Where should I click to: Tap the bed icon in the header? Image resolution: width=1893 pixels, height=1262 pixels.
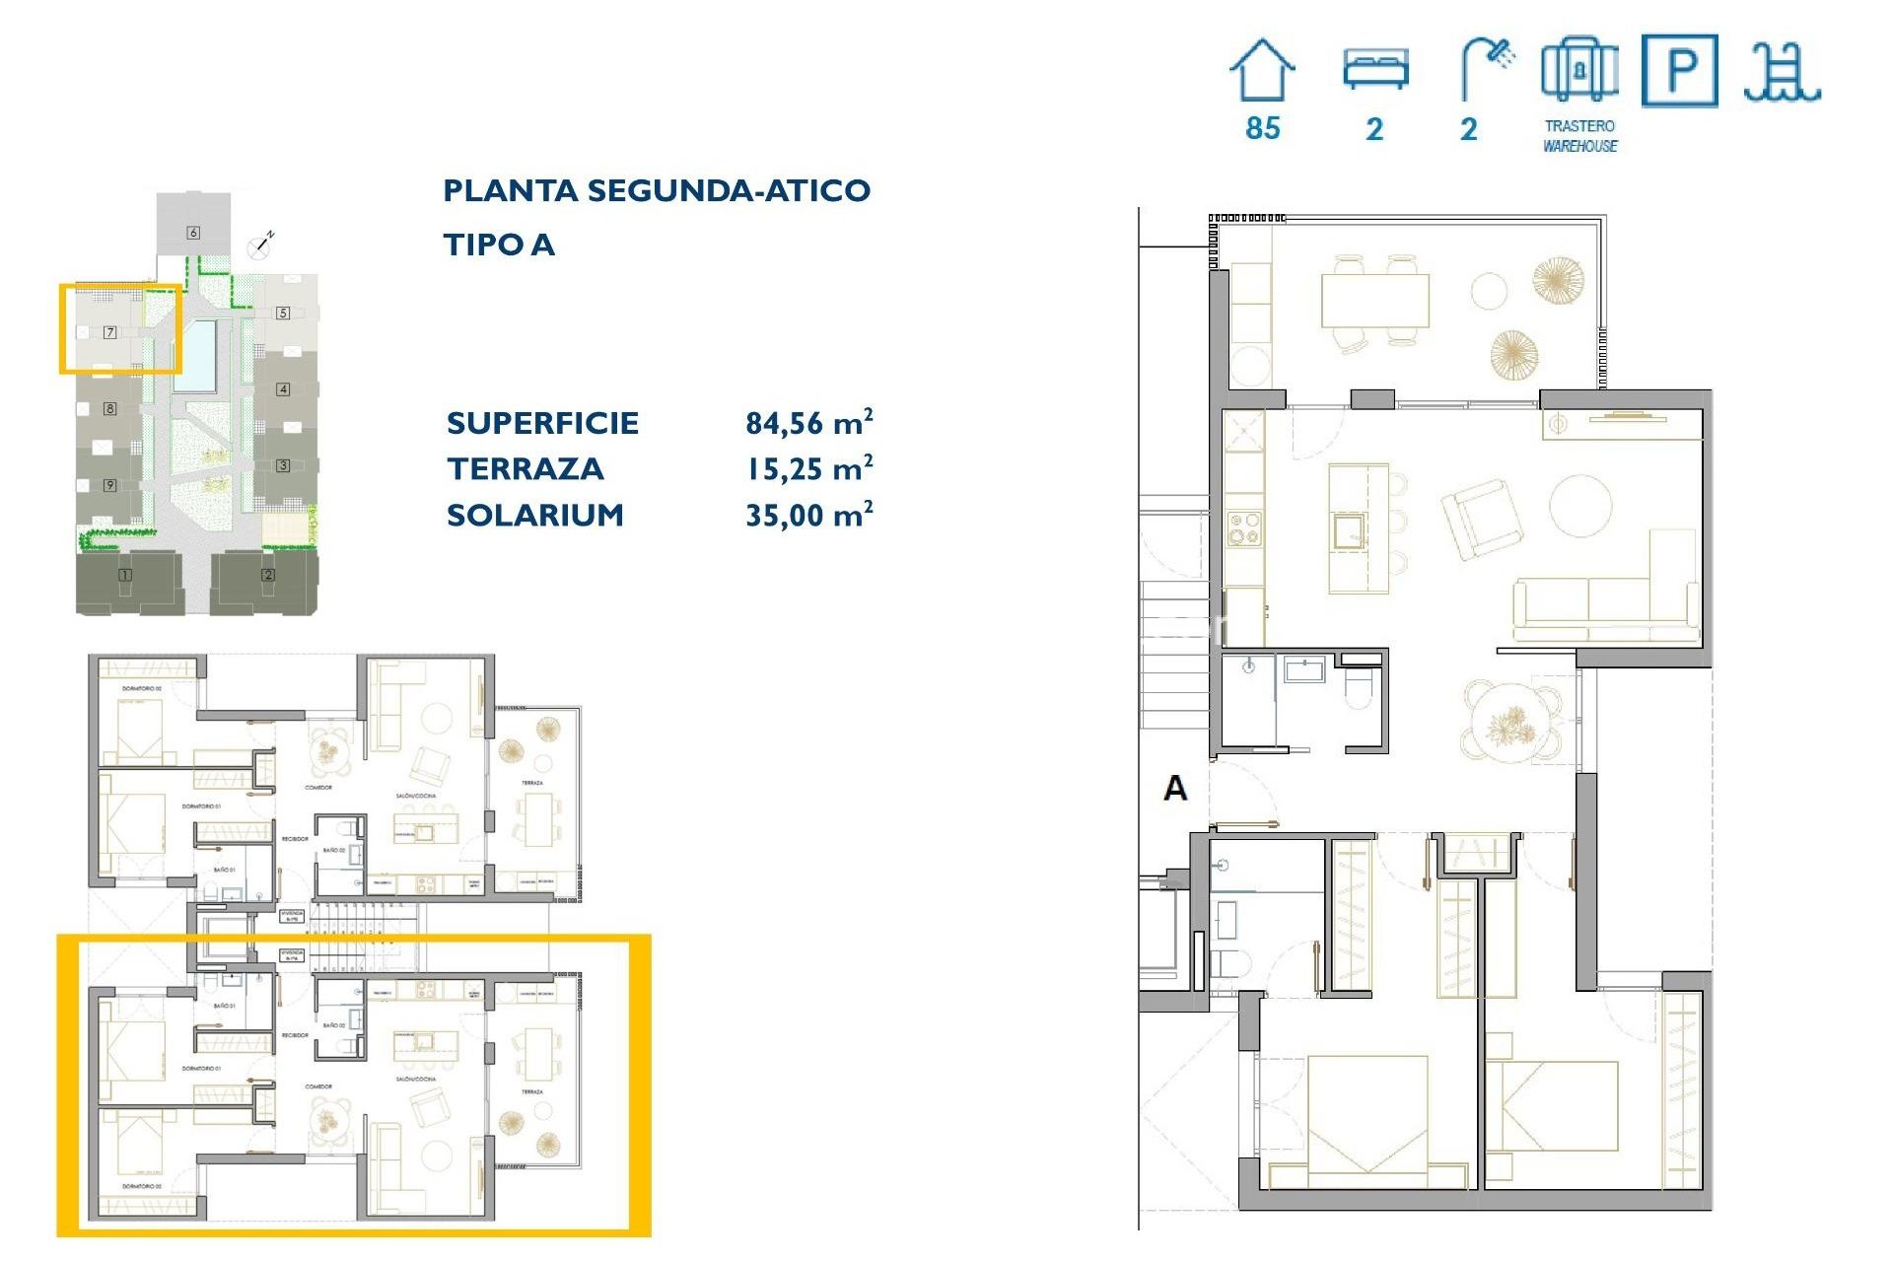coord(1375,69)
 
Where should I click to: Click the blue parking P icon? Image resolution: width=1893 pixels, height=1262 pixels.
coord(1680,70)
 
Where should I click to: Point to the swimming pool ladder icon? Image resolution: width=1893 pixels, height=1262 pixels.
coord(1782,72)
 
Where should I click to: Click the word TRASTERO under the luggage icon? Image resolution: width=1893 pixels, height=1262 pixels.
coord(1579,126)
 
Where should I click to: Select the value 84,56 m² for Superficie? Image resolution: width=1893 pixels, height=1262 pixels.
coord(808,423)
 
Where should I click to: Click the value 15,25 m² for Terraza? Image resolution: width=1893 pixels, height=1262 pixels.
coord(808,469)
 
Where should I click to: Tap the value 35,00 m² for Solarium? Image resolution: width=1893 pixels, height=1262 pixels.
coord(808,515)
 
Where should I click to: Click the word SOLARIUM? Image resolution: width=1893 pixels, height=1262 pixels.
coord(534,515)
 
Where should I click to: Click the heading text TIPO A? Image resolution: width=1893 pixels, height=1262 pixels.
coord(499,245)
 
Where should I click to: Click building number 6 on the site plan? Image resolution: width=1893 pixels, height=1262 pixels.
coord(193,233)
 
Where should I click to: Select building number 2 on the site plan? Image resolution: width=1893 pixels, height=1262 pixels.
coord(268,575)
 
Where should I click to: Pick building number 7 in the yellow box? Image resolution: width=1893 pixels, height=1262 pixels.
coord(110,332)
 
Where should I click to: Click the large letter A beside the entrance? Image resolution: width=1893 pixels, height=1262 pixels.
coord(1175,788)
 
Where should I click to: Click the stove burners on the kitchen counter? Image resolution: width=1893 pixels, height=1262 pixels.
coord(1243,528)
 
